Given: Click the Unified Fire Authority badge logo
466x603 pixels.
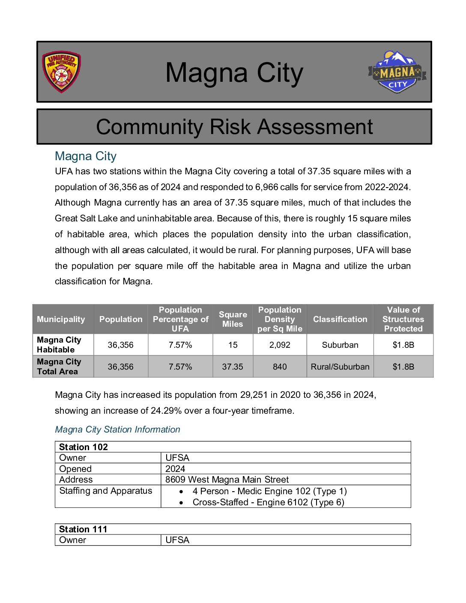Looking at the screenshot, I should pos(61,72).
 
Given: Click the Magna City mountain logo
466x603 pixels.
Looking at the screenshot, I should pos(397,72).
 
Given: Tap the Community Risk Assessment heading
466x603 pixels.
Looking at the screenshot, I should pos(234,127).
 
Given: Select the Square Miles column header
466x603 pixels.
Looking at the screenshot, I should pos(233,319).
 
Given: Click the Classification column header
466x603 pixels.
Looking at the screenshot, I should pos(340,319).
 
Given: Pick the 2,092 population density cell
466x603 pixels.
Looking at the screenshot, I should pos(280,345).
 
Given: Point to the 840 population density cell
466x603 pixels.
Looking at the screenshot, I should pos(280,367).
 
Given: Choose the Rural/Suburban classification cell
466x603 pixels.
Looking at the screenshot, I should pos(340,367).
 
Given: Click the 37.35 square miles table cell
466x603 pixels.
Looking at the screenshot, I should pos(233,367).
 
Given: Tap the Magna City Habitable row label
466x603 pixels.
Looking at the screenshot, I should pos(59,345).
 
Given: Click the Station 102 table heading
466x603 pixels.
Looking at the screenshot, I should pos(84,447).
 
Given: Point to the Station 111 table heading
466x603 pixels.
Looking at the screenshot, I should pos(83,529).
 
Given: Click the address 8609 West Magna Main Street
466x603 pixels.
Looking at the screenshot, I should pos(227,480).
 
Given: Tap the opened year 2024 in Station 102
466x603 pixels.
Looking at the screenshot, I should pos(175,469).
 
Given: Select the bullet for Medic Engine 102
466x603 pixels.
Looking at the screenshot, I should pos(182,492).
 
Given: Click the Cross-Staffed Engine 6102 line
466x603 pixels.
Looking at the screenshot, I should pos(268,502).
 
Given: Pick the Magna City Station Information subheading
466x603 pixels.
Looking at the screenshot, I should pos(117,430).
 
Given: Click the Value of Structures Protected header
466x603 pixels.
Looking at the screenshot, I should pos(403,319).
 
